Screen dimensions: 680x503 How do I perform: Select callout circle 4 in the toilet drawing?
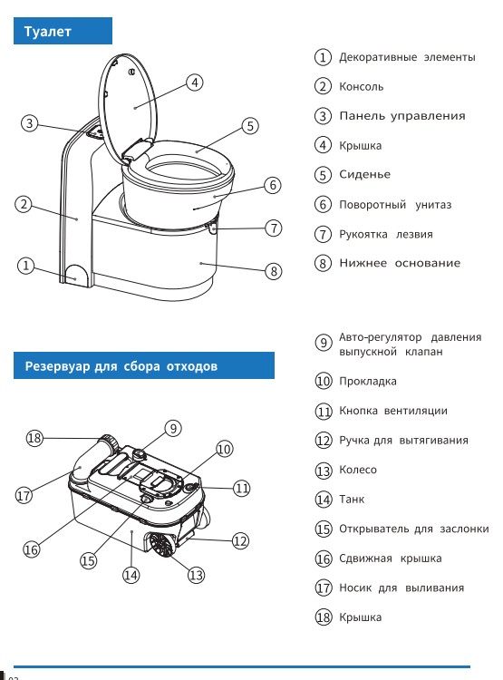pyautogui.click(x=194, y=83)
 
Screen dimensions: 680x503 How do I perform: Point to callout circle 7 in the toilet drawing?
pyautogui.click(x=274, y=228)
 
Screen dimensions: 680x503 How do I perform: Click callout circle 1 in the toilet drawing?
pyautogui.click(x=27, y=266)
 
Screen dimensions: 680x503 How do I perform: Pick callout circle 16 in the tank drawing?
pyautogui.click(x=32, y=549)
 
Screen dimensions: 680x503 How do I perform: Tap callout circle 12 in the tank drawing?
pyautogui.click(x=240, y=540)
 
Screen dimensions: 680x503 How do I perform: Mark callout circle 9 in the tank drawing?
pyautogui.click(x=173, y=428)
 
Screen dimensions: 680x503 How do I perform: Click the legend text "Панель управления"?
pyautogui.click(x=401, y=116)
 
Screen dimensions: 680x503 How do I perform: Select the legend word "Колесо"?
pyautogui.click(x=358, y=470)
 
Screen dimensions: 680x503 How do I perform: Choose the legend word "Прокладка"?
pyautogui.click(x=367, y=382)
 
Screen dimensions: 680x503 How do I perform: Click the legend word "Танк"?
pyautogui.click(x=352, y=500)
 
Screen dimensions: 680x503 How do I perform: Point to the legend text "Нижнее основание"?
pyautogui.click(x=400, y=263)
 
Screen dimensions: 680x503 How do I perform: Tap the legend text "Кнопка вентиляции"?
pyautogui.click(x=392, y=411)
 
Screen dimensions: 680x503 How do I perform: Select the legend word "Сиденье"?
pyautogui.click(x=364, y=175)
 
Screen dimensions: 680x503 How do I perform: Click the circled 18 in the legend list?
pyautogui.click(x=323, y=617)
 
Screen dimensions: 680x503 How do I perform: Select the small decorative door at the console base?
pyautogui.click(x=78, y=274)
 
